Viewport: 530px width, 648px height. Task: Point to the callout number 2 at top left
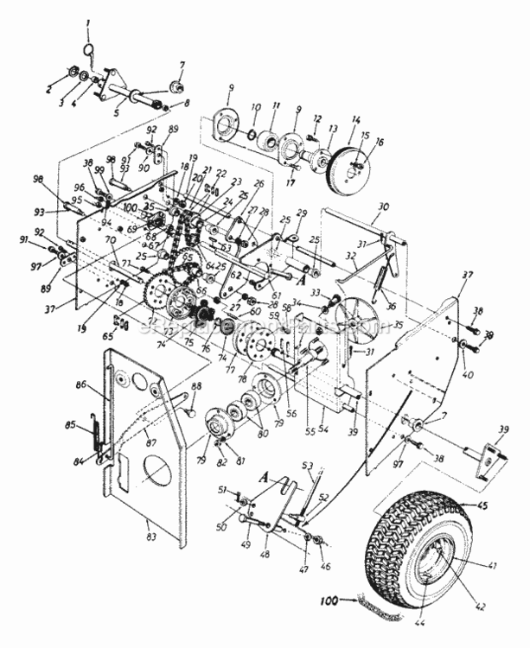(48, 88)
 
